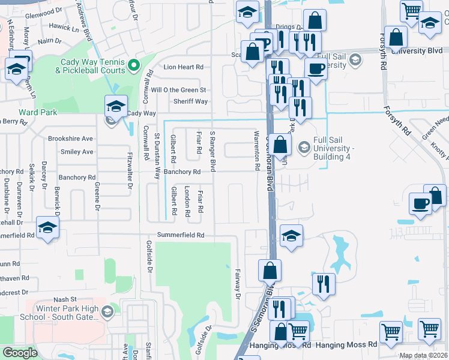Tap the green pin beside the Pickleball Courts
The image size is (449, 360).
coord(134,64)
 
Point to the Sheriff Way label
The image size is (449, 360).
coord(191,101)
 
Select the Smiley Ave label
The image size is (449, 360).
coord(77,152)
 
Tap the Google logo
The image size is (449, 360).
coord(20,353)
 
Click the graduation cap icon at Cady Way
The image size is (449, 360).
coord(116,106)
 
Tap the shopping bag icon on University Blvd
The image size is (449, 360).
coord(396,37)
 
